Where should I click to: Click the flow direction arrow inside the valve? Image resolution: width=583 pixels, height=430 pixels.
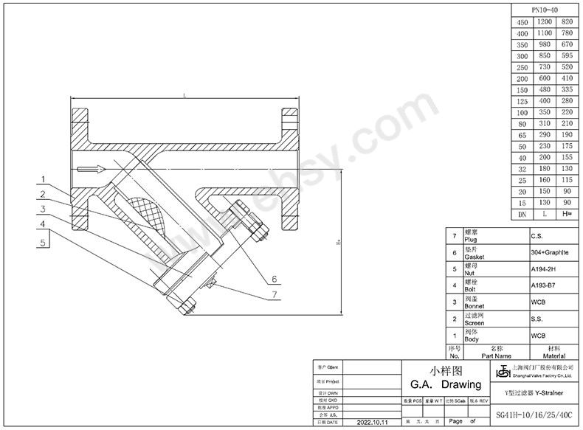pos(89,170)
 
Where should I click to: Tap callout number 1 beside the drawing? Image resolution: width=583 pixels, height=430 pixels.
pos(44,179)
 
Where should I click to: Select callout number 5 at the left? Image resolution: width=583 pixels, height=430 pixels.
pos(44,241)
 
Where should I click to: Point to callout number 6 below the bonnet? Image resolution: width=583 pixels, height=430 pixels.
pos(273,280)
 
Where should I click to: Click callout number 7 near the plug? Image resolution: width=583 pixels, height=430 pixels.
pos(274,295)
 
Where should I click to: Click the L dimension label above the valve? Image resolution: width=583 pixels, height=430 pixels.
pos(184,96)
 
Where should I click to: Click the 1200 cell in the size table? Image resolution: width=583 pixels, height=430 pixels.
pos(545,23)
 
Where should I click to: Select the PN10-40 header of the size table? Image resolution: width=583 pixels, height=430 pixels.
pos(545,10)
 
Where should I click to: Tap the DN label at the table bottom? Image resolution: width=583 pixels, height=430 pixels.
pos(522,213)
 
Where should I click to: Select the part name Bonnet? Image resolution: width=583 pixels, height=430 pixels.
pos(473,306)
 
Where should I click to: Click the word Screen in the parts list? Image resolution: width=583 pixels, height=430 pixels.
pos(474,323)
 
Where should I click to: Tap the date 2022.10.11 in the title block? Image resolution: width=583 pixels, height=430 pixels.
pos(376,423)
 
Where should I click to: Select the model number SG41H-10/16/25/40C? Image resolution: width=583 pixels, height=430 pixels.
pos(534,416)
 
